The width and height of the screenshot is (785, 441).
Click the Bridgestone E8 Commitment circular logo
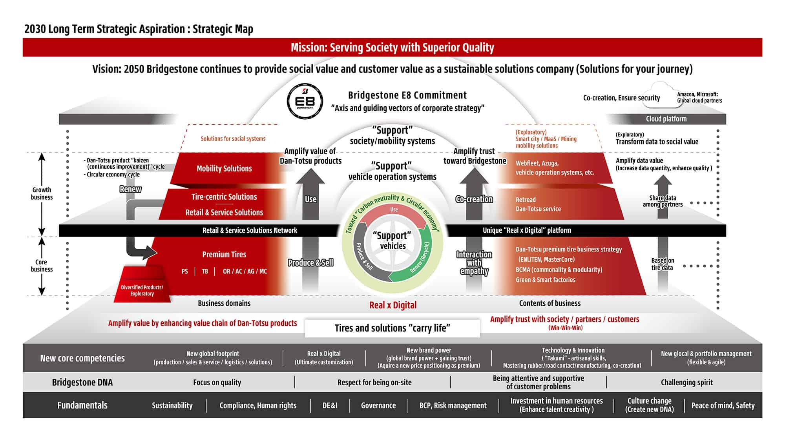(305, 101)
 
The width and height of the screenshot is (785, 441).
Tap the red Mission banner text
(392, 47)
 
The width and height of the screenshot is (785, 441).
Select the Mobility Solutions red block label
(224, 168)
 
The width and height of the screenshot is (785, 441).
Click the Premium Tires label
(224, 254)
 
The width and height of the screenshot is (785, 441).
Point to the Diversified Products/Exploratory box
(142, 284)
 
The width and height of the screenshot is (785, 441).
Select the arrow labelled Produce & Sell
(310, 263)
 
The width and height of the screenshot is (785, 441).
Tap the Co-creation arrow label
(474, 199)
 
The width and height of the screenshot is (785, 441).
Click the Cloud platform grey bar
(666, 119)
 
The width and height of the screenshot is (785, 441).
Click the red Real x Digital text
(393, 305)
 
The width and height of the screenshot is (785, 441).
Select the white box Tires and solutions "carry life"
(392, 328)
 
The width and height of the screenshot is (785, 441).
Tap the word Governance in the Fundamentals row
(378, 405)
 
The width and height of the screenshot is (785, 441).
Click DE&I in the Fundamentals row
(330, 405)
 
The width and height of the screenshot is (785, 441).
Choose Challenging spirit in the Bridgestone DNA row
(686, 382)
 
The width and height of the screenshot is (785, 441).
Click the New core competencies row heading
(82, 358)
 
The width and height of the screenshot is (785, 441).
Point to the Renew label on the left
(130, 189)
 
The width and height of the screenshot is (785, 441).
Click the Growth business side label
(42, 193)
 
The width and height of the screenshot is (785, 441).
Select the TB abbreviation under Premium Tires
(205, 271)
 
